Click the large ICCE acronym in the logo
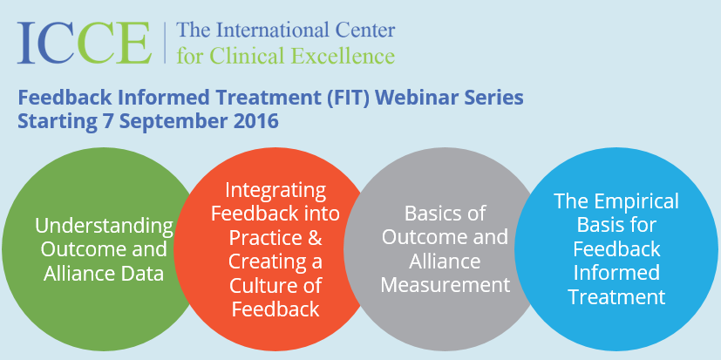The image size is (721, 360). click(x=85, y=43)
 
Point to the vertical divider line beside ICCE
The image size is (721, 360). click(x=165, y=43)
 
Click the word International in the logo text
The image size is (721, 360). click(x=272, y=31)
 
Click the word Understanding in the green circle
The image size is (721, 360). click(x=105, y=227)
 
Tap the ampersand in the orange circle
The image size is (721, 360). click(x=313, y=237)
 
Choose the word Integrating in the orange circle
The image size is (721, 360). click(x=275, y=191)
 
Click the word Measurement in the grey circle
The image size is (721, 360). click(x=446, y=284)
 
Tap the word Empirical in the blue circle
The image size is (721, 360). click(x=635, y=202)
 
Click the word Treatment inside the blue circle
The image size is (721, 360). click(x=617, y=296)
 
